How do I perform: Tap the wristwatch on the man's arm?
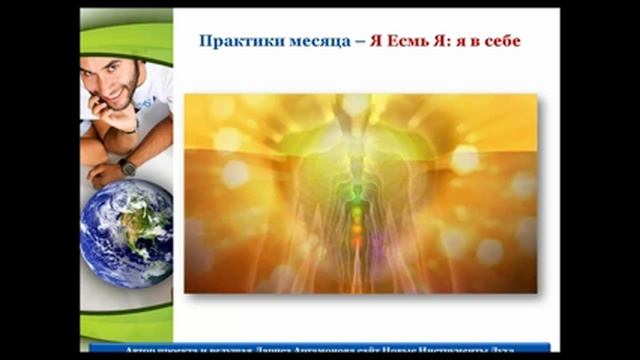pos(127,167)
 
